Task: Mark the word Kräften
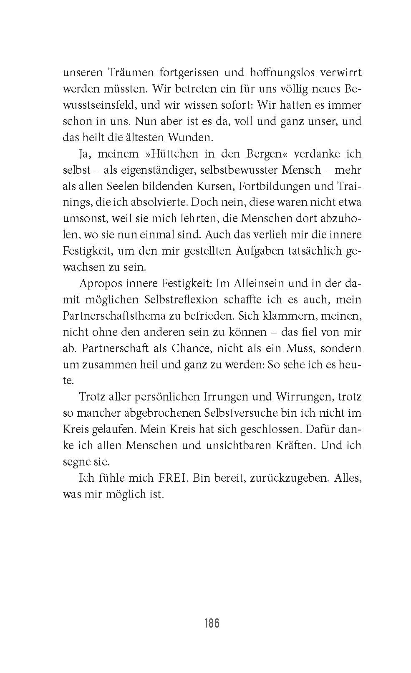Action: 290,445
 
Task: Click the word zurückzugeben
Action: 287,478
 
